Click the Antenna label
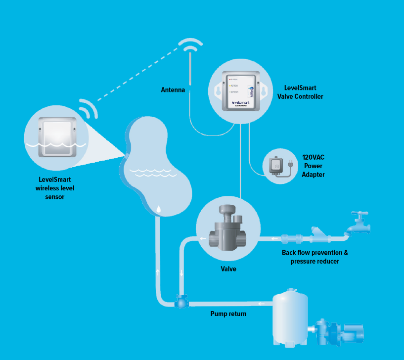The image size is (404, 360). coord(173,90)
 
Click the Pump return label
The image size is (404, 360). coord(228,314)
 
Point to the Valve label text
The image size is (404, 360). coord(228,270)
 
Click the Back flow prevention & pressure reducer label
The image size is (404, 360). coord(315,257)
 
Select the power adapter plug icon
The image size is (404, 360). coord(275,166)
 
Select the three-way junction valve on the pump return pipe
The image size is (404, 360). coord(181,301)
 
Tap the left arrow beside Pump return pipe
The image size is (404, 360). coord(261,304)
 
